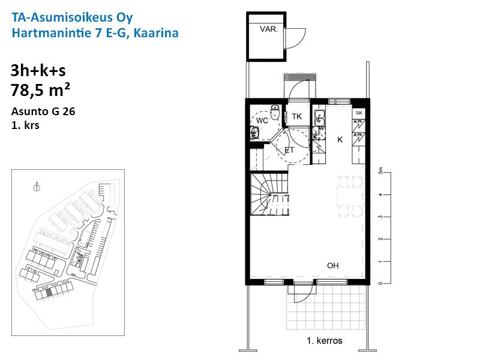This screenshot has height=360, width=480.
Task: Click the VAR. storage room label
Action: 269,29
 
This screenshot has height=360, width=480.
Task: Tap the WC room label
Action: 262,121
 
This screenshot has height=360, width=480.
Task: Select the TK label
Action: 296,116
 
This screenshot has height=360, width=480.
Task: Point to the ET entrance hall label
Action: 289,150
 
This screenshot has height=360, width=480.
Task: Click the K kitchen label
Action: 340,140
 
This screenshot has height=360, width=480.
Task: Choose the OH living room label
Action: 333,265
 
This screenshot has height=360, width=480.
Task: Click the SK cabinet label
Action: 359,113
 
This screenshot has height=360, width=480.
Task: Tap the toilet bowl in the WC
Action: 275,113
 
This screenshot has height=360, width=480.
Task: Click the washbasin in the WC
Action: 254,133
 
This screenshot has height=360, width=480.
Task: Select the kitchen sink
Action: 319,118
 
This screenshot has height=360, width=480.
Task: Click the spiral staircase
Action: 269,194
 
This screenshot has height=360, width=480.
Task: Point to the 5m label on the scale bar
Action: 380,170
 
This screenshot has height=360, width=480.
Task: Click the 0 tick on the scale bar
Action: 380,283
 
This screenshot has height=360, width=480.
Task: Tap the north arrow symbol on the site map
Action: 37,187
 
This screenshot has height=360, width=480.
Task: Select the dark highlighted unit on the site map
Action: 49,292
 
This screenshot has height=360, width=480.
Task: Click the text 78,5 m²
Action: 40,90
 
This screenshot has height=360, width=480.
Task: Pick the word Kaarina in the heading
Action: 156,33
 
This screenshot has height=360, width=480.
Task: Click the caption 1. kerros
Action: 325,341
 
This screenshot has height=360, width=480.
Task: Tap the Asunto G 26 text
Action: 43,112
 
